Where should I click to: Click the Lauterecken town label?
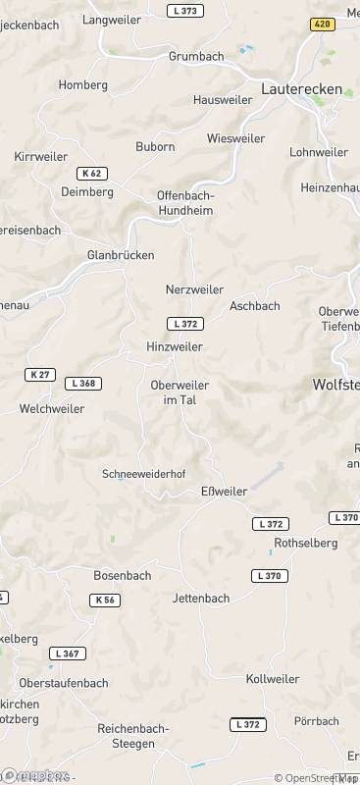coord(301,89)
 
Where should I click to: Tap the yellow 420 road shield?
coord(323,25)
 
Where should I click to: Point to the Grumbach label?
coord(196,56)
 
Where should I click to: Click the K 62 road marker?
coord(91,174)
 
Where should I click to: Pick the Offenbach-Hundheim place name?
coord(185,202)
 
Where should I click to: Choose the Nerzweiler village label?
coord(194,290)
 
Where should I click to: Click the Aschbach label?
coord(254,306)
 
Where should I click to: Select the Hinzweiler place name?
coord(174,347)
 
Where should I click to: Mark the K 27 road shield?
coord(40,375)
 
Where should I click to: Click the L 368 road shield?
coord(85,384)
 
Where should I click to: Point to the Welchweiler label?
coord(52,408)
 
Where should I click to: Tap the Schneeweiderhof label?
coord(143,474)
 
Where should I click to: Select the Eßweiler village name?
coord(224,492)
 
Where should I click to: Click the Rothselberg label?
coord(306,543)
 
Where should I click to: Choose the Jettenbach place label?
coord(200,599)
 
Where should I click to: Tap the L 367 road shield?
coord(68,654)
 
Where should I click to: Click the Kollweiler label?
coord(273,679)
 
